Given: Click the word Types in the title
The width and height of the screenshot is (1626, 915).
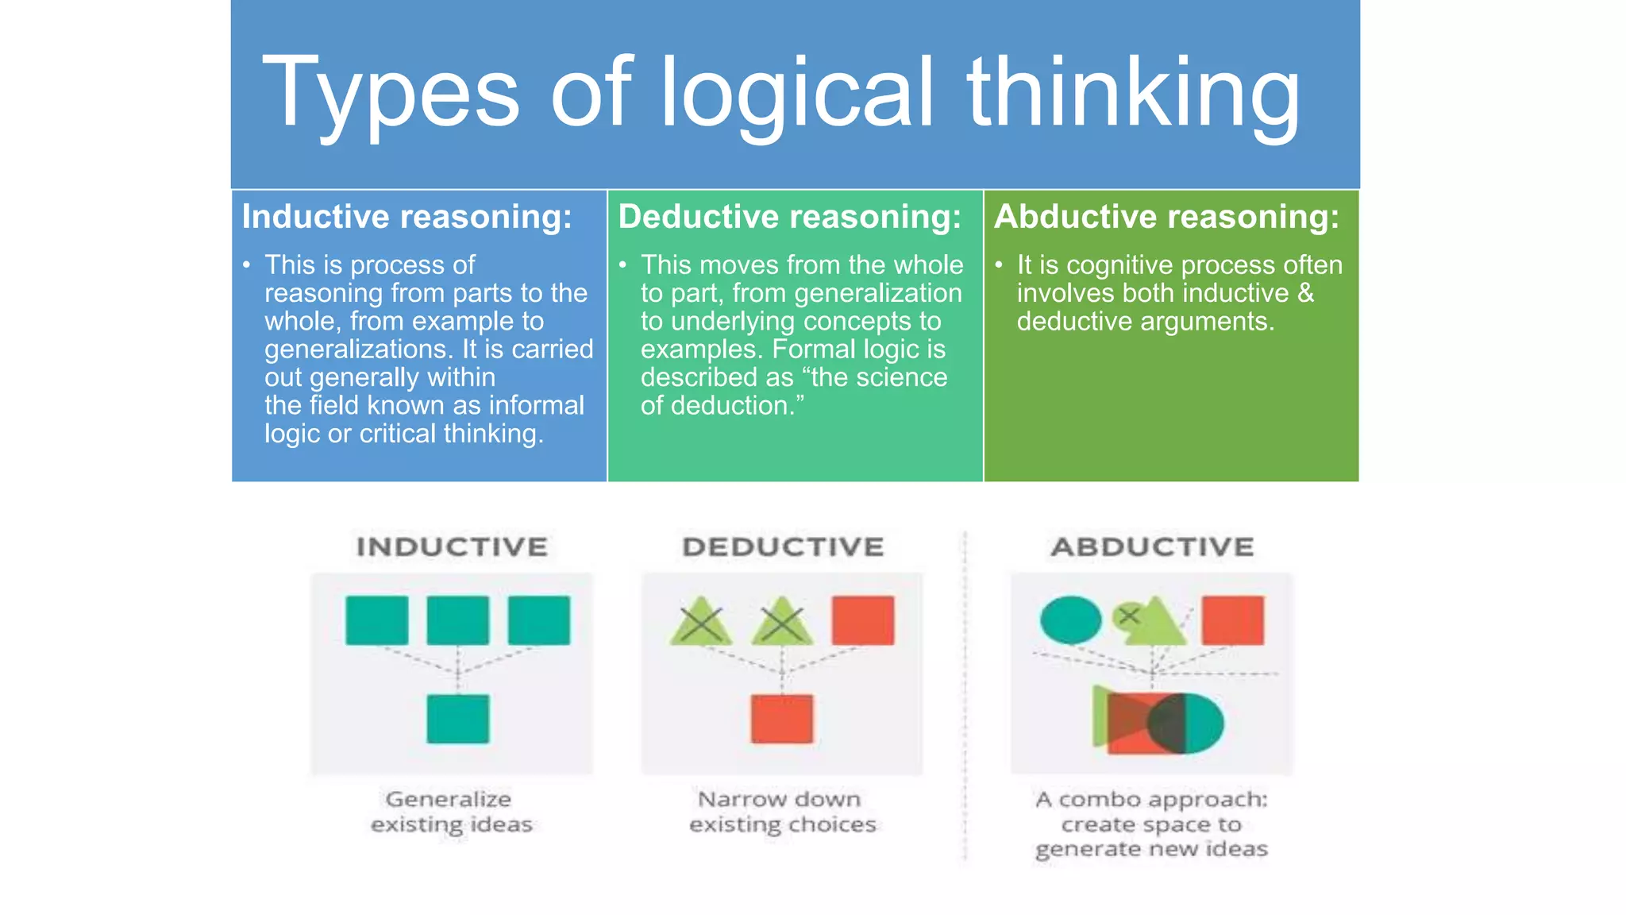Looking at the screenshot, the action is point(390,94).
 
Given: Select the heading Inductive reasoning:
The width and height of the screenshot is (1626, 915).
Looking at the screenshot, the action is point(406,217).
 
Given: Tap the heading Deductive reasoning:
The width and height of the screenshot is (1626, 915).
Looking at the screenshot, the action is point(790,217).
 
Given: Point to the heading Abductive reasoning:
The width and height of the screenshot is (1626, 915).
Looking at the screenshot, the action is point(1166,217).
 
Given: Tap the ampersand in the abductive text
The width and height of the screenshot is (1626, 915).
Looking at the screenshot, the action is point(1305,293).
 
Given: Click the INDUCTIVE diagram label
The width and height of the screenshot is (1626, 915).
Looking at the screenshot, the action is point(452,546).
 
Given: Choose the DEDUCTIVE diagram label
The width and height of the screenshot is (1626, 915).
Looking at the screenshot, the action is point(783,546).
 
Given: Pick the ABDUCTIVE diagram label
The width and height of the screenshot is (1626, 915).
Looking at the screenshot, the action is point(1152,546).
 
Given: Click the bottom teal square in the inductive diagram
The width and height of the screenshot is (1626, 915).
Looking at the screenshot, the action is point(458,719).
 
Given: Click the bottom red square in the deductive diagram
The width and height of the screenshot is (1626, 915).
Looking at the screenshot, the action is point(782,719).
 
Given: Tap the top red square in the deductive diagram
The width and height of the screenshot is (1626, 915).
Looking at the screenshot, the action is point(863,620).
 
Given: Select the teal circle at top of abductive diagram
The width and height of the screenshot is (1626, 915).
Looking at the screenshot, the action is point(1071,620).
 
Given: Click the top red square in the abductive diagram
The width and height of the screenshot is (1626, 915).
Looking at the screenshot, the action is point(1232,620).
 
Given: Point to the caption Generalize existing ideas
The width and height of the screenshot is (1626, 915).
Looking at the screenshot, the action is point(451,812).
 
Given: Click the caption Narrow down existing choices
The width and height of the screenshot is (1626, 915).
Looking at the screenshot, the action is point(782,812).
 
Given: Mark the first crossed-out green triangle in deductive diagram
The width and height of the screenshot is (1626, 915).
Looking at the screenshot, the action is point(701,623).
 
